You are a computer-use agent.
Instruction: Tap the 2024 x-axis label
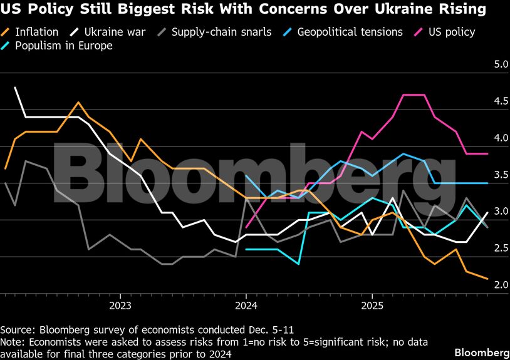(x=246, y=306)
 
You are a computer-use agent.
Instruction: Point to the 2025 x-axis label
(x=372, y=306)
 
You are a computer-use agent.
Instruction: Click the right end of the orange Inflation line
(x=487, y=279)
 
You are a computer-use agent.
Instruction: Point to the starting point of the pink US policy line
(x=246, y=227)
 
